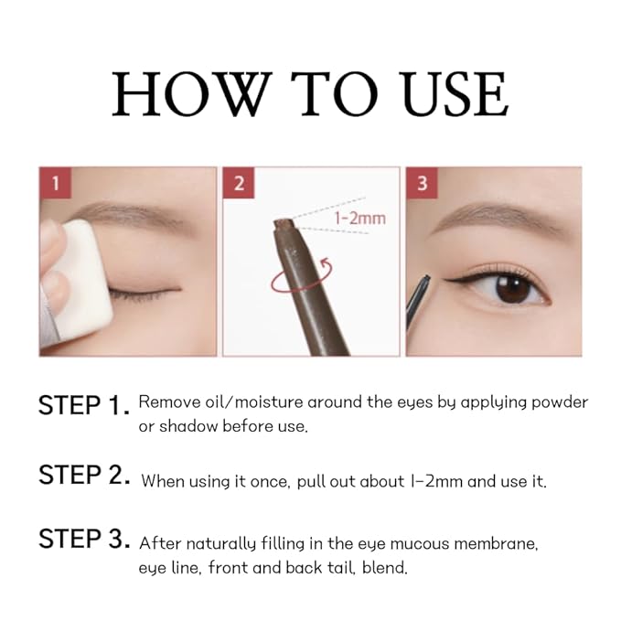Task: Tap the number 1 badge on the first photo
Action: pyautogui.click(x=55, y=183)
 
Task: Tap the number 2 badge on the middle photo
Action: pyautogui.click(x=239, y=183)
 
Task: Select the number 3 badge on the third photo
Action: pyautogui.click(x=422, y=183)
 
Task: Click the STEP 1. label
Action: pyautogui.click(x=83, y=405)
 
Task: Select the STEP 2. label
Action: pyautogui.click(x=83, y=476)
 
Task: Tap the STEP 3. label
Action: pyautogui.click(x=83, y=540)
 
